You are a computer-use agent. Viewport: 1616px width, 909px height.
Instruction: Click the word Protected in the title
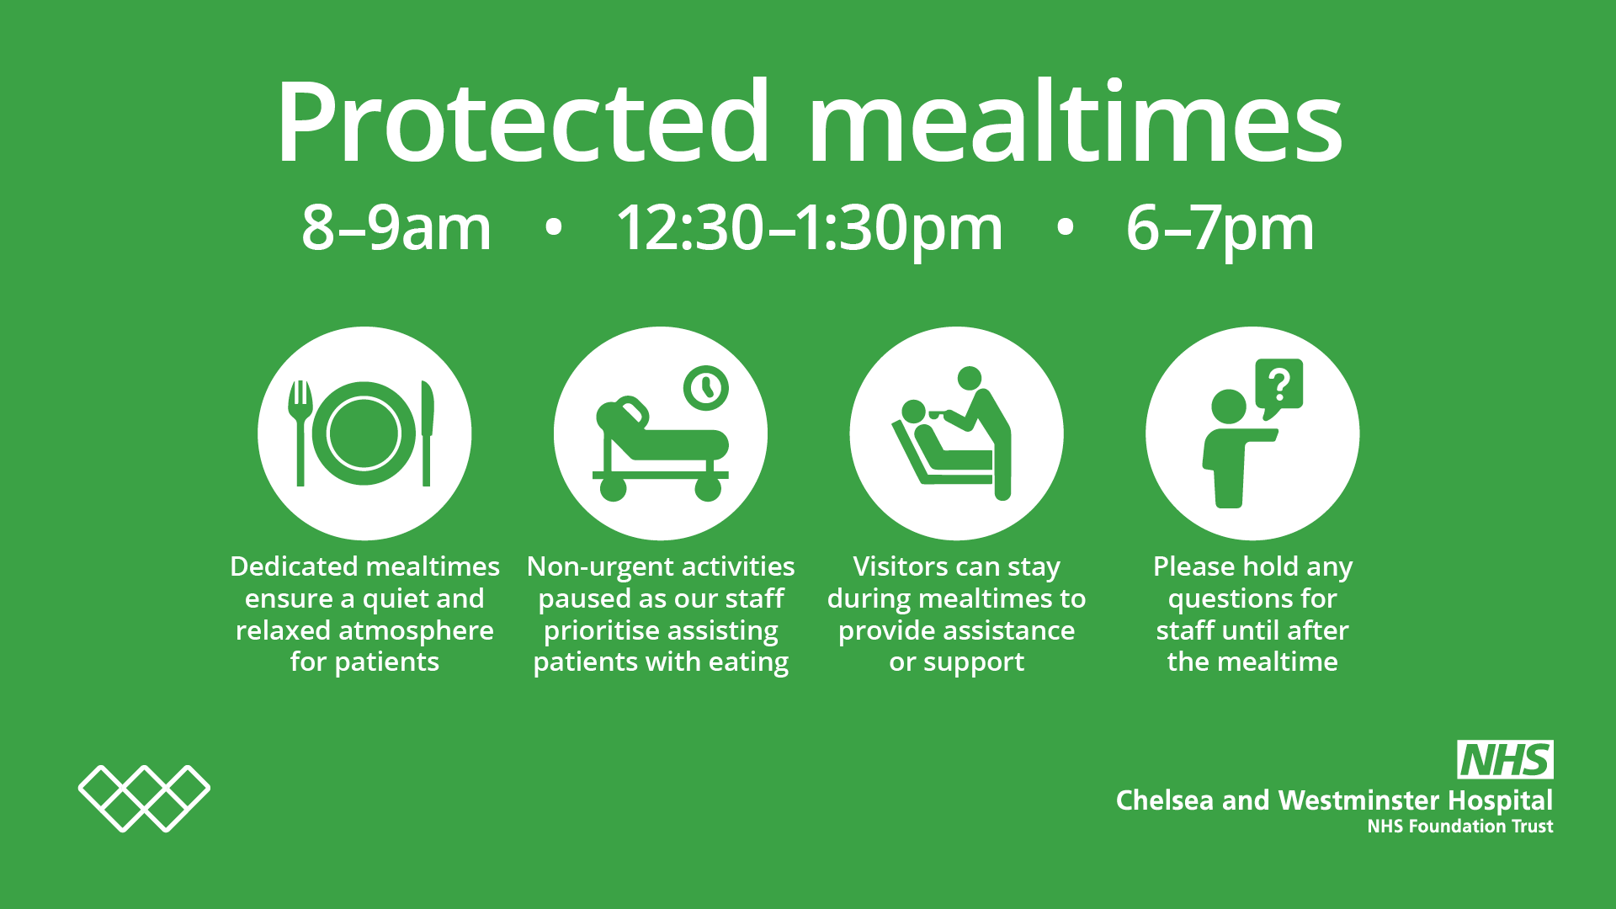coord(522,122)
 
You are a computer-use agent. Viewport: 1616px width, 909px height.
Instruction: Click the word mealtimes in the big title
coord(1075,122)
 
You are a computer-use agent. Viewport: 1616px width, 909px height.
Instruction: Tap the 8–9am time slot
coord(396,228)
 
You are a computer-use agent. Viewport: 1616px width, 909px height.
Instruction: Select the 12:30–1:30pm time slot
coord(810,228)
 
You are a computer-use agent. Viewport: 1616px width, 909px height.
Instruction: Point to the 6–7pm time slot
coord(1220,228)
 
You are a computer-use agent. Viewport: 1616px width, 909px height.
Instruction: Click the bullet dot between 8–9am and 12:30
coord(553,227)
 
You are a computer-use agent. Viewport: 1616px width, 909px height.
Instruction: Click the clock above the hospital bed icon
coord(705,388)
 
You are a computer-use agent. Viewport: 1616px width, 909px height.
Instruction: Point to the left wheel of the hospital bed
coord(613,488)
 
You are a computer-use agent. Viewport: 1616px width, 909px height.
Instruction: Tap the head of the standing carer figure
coord(970,378)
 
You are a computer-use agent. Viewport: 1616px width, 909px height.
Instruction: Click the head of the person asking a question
coord(1229,407)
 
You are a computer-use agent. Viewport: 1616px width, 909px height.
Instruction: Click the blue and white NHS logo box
coord(1505,760)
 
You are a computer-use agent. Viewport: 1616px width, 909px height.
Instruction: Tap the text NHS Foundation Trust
coord(1459,827)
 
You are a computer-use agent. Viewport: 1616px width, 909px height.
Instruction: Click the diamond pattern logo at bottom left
coord(144,798)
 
